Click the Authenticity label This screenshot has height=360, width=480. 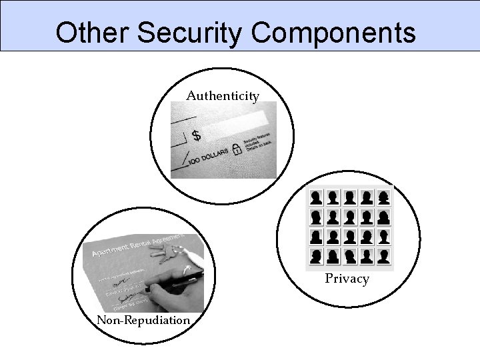click(223, 97)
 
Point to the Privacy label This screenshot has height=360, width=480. click(347, 279)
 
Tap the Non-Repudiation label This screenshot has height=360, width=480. click(143, 320)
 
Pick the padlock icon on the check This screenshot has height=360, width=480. click(235, 150)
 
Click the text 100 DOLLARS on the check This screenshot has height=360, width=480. click(207, 158)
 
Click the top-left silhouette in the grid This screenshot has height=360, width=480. click(316, 197)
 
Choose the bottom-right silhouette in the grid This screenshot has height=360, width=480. click(383, 256)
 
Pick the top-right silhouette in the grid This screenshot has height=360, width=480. click(383, 197)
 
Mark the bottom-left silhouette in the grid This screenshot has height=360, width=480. click(316, 256)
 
